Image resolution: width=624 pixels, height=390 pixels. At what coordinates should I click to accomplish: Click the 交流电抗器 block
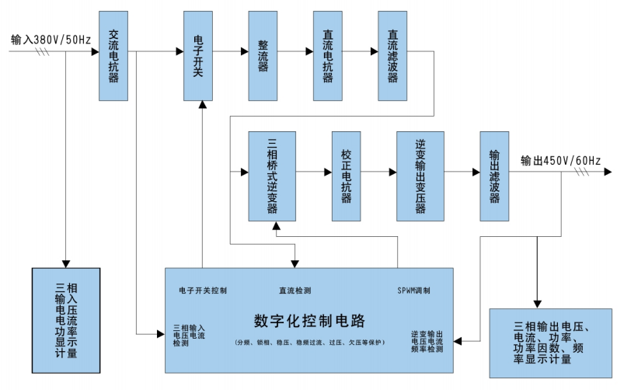point(113,56)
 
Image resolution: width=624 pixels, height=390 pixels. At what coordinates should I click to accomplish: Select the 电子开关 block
point(197,56)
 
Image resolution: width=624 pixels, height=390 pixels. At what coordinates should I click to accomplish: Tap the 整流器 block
point(263,56)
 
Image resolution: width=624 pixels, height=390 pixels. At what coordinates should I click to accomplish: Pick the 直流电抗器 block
point(328,56)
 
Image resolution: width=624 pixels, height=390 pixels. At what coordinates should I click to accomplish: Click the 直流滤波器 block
point(393,56)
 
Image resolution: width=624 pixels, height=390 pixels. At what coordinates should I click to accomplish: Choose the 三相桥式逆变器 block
point(272,177)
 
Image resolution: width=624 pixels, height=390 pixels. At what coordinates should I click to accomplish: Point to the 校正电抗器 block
point(346,177)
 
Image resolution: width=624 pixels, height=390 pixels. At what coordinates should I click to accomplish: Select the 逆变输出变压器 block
point(420,177)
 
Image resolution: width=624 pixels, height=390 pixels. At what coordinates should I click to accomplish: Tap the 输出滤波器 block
point(494,177)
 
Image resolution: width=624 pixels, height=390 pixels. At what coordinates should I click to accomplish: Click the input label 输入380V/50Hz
point(51,39)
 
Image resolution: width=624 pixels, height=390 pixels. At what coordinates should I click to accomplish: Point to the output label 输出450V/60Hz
point(560,160)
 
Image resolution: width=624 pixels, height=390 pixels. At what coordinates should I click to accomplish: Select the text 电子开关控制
point(203,291)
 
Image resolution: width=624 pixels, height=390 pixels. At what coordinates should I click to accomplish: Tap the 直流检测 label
point(295,291)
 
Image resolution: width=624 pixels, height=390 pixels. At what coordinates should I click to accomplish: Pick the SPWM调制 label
point(413,291)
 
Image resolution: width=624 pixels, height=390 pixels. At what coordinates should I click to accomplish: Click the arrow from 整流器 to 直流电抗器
point(295,53)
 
